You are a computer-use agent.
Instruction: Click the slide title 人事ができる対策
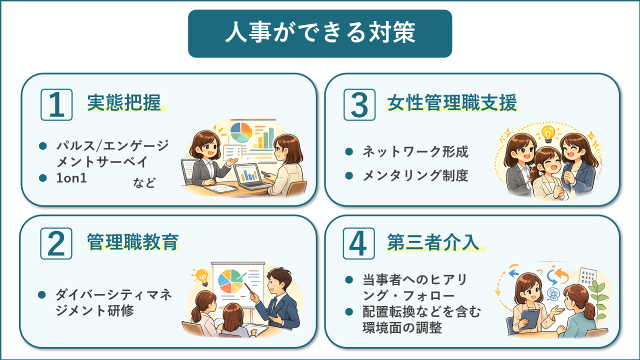coord(320,33)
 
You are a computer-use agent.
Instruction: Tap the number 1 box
coord(56,104)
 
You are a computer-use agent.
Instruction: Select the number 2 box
coord(56,243)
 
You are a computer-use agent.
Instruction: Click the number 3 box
coord(359,104)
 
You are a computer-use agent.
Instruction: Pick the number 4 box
coord(359,243)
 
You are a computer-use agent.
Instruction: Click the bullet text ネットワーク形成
coord(415,151)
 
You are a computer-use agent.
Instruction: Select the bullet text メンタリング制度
coord(415,175)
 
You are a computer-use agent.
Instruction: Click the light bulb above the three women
coord(548,133)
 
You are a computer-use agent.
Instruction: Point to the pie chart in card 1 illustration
coord(241,132)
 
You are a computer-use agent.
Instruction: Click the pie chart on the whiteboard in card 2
coord(230,281)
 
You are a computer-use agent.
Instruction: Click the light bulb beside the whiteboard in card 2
coord(202,275)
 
